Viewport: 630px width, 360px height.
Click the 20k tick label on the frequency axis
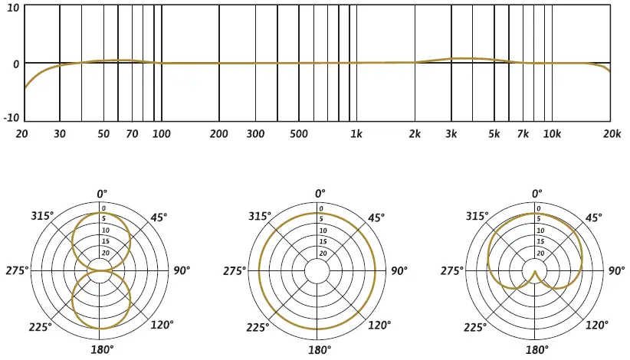(611, 134)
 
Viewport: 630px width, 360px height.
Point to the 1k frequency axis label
(356, 134)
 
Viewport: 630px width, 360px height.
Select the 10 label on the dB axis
(15, 8)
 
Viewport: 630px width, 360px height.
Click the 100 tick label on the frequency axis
(161, 134)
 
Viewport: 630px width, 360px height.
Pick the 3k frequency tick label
(451, 134)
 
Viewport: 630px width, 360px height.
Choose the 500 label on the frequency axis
(299, 134)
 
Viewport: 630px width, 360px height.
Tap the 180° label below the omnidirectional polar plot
(319, 350)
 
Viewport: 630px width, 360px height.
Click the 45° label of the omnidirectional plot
(376, 218)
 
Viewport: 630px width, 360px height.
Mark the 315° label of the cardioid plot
(478, 216)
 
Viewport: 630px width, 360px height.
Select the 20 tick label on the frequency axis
(21, 134)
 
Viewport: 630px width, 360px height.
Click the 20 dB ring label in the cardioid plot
(540, 253)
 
